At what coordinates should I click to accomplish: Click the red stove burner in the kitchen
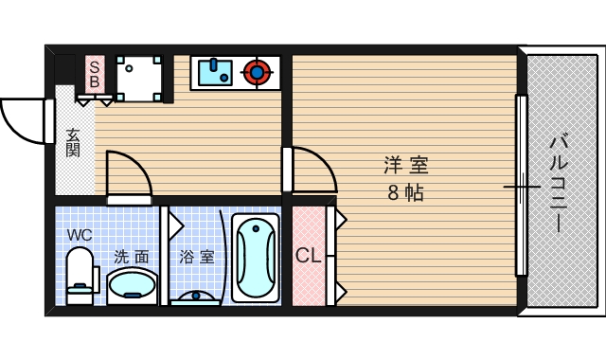256,71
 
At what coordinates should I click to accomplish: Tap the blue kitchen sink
216,71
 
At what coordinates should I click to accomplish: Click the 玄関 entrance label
73,143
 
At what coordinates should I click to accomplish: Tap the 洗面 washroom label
132,256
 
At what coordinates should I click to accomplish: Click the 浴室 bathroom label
196,256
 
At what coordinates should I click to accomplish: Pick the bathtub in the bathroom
255,257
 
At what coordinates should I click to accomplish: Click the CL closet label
307,256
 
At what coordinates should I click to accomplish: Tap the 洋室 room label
406,167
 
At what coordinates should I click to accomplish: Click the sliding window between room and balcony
520,184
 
